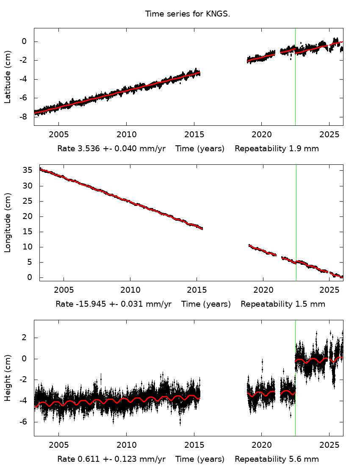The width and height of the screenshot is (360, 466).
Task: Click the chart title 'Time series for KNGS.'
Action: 187,14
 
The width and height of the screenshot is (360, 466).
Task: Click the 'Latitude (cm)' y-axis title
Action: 7,77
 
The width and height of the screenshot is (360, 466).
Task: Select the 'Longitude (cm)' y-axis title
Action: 7,223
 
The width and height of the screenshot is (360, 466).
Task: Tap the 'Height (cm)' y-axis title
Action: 7,378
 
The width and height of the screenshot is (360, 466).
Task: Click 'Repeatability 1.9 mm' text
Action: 277,149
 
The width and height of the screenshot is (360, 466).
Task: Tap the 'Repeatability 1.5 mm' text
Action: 282,304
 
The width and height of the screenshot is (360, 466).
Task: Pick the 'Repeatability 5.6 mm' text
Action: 277,459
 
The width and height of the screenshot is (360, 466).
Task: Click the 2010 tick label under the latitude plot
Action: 126,135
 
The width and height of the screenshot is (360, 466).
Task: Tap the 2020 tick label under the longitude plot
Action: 263,290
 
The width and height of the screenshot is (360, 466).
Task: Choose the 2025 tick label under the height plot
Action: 329,445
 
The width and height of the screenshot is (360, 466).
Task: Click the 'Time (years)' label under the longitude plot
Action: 206,304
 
